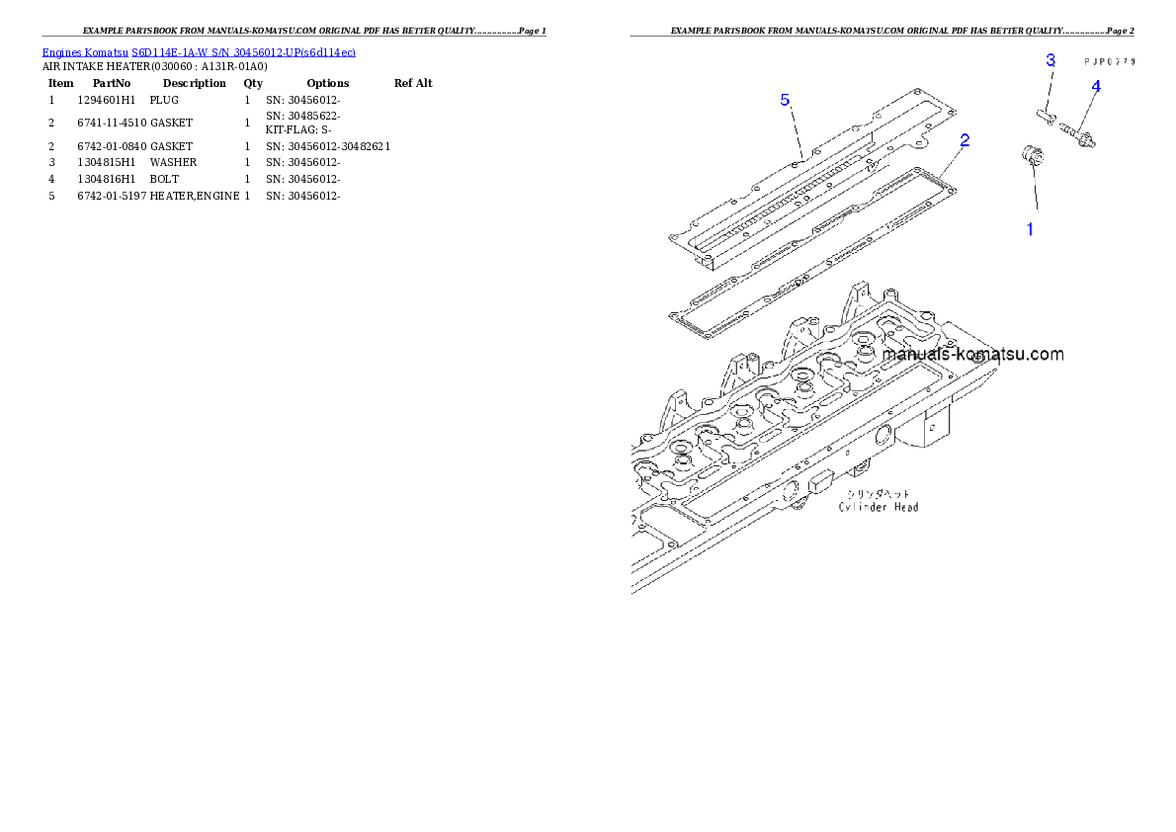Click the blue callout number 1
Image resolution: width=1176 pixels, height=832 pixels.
pyautogui.click(x=1030, y=229)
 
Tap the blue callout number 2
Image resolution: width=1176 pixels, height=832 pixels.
pyautogui.click(x=965, y=140)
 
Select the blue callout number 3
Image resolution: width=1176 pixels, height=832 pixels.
pyautogui.click(x=1050, y=60)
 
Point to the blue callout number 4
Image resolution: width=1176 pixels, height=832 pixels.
pyautogui.click(x=1095, y=86)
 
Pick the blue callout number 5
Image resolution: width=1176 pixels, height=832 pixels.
pyautogui.click(x=785, y=100)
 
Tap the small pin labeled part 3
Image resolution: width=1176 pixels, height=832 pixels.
pyautogui.click(x=1045, y=116)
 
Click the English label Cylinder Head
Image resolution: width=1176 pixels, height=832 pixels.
pyautogui.click(x=879, y=507)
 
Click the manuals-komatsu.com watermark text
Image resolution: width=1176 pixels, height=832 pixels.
pyautogui.click(x=972, y=354)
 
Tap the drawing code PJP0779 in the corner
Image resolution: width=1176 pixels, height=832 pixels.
pyautogui.click(x=1109, y=61)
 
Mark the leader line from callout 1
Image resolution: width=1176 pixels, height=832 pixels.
pyautogui.click(x=1031, y=193)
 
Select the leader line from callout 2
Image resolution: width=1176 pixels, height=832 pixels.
pyautogui.click(x=954, y=160)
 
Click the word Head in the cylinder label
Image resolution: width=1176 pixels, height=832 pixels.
pyautogui.click(x=903, y=507)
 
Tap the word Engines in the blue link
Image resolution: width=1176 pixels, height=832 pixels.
pyautogui.click(x=61, y=51)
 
